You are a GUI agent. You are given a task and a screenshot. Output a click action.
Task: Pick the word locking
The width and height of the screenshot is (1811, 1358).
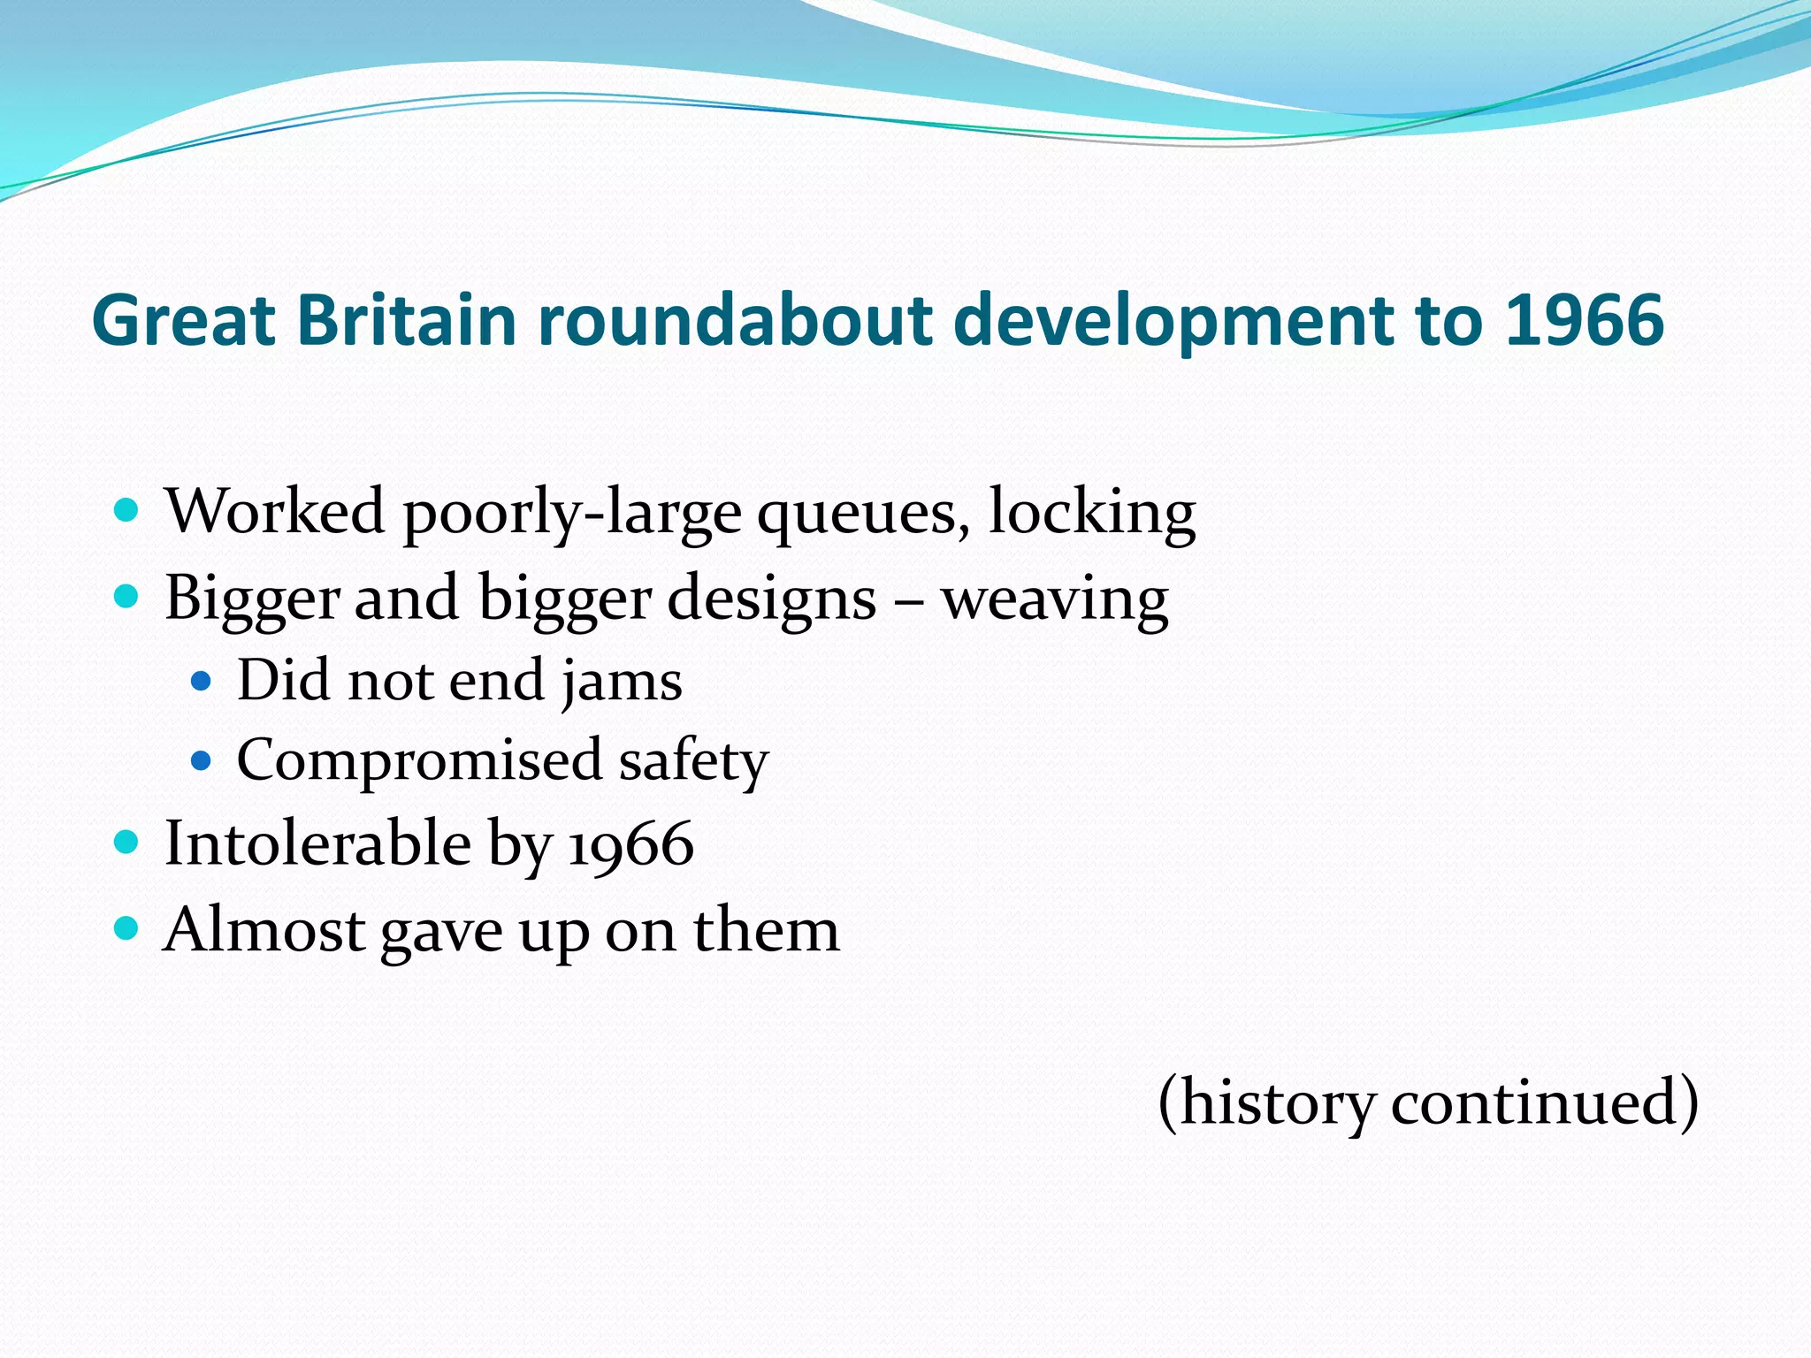pyautogui.click(x=1091, y=513)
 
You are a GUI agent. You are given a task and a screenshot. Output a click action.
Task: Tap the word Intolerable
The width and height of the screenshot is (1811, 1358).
pyautogui.click(x=318, y=843)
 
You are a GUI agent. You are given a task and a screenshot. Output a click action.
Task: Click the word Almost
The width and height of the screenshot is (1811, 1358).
pyautogui.click(x=265, y=930)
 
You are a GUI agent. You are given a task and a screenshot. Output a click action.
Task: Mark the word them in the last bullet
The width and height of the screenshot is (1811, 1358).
pyautogui.click(x=766, y=930)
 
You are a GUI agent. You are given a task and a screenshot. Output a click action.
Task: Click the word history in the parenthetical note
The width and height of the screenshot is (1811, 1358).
pyautogui.click(x=1276, y=1102)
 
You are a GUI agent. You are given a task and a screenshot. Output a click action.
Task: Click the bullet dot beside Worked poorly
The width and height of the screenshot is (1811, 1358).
pyautogui.click(x=127, y=510)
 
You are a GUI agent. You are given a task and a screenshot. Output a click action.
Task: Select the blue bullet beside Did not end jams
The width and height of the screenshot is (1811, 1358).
pyautogui.click(x=202, y=681)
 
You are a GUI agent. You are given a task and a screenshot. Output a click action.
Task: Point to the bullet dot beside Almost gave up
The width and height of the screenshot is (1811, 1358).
pyautogui.click(x=127, y=928)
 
